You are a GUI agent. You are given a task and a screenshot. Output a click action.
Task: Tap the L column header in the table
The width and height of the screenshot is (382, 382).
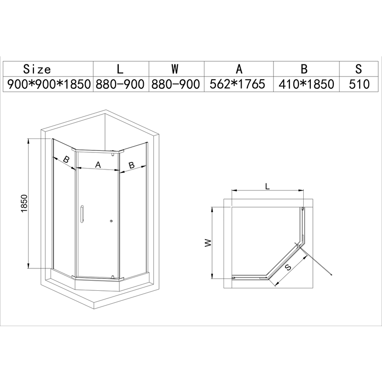coord(120,69)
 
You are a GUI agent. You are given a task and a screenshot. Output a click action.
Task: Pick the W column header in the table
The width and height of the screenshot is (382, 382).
coord(176,69)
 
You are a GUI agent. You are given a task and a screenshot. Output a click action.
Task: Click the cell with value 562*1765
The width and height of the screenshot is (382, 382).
coord(238,85)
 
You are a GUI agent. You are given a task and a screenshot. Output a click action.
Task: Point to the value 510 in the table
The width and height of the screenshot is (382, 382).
coord(360,85)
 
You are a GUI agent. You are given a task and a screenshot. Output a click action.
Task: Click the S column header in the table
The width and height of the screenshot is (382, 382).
coord(360,69)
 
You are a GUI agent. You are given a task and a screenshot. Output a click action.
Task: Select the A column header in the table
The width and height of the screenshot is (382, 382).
coord(238,69)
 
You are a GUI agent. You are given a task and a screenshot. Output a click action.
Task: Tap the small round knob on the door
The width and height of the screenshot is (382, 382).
coord(111,221)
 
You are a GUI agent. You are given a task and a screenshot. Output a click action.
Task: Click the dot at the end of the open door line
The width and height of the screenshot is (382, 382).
coord(331,274)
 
